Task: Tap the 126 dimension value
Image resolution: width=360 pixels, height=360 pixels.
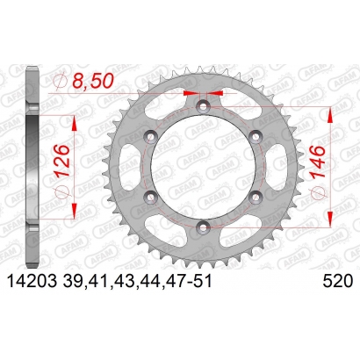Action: tap(61, 160)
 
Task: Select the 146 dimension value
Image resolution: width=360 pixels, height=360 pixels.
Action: tap(318, 162)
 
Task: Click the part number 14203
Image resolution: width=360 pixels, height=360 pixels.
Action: tap(32, 282)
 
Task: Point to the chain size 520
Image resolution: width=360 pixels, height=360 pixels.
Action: tap(338, 282)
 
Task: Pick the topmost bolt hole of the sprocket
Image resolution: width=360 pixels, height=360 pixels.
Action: tap(203, 105)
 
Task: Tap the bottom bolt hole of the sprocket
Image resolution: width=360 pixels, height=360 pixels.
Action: tap(203, 227)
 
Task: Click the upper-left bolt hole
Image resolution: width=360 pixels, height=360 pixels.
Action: tap(151, 136)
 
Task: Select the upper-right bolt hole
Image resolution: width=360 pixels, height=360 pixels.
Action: tap(255, 136)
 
